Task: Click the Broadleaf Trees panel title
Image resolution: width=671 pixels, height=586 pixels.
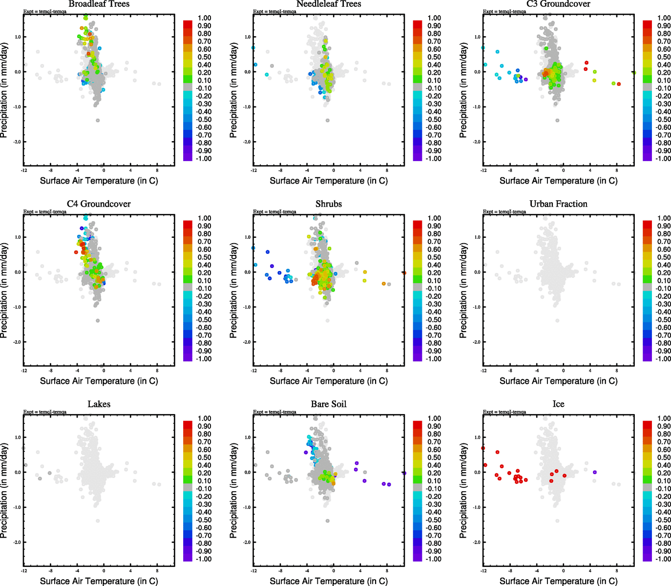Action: pyautogui.click(x=99, y=4)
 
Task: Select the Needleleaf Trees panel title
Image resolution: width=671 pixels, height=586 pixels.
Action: pyautogui.click(x=329, y=4)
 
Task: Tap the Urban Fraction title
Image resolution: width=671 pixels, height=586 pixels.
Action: pyautogui.click(x=558, y=204)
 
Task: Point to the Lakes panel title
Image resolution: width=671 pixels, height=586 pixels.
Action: pyautogui.click(x=99, y=404)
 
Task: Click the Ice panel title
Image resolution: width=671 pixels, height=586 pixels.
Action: pyautogui.click(x=558, y=404)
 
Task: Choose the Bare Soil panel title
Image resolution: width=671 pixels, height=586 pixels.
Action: pyautogui.click(x=329, y=404)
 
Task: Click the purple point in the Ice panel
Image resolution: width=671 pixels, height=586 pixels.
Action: pyautogui.click(x=594, y=472)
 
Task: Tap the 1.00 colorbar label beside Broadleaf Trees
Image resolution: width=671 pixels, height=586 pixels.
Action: pyautogui.click(x=205, y=18)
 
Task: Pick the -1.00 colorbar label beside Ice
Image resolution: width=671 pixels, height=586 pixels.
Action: pyautogui.click(x=663, y=559)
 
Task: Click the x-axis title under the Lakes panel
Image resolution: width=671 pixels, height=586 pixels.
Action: pyautogui.click(x=99, y=581)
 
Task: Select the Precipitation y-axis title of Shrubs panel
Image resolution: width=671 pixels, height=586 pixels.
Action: pyautogui.click(x=233, y=291)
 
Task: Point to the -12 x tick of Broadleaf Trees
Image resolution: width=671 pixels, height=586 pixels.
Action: pyautogui.click(x=24, y=170)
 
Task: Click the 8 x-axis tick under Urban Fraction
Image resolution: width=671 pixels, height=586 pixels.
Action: pyautogui.click(x=616, y=371)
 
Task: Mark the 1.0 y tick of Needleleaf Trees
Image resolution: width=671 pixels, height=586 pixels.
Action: pyautogui.click(x=248, y=37)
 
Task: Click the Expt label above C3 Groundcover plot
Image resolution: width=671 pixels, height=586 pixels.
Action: pyautogui.click(x=504, y=11)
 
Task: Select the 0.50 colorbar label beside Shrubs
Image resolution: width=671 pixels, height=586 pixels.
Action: pyautogui.click(x=434, y=257)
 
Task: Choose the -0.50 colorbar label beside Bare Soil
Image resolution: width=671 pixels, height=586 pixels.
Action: pyautogui.click(x=434, y=520)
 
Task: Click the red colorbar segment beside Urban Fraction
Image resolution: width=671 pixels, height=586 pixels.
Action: pyautogui.click(x=647, y=224)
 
